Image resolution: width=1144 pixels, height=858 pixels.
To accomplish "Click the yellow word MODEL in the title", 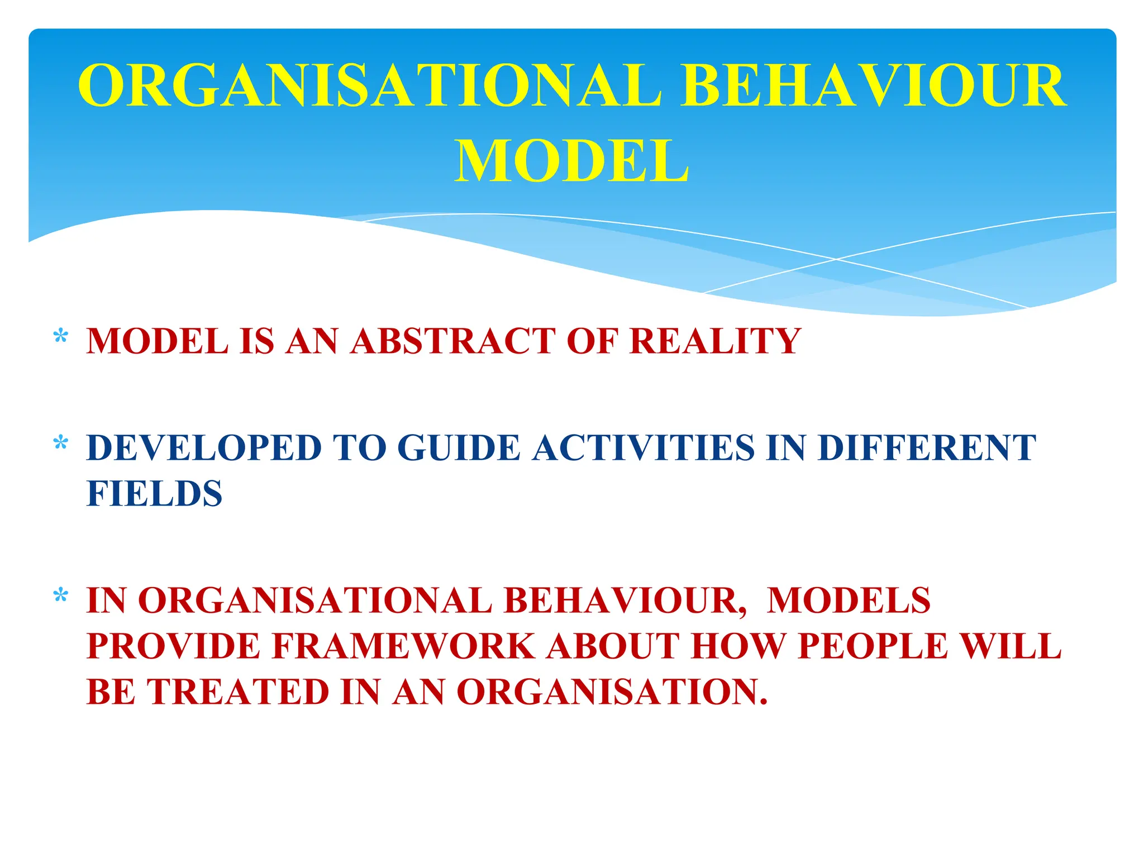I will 571,161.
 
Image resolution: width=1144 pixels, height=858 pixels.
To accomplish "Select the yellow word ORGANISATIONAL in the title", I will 369,86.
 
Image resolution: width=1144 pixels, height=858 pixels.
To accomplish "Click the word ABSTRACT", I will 453,341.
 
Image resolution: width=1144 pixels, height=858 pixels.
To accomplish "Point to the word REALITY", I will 715,341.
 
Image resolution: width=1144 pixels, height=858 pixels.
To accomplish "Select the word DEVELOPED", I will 204,448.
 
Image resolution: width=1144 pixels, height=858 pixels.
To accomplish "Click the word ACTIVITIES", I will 643,448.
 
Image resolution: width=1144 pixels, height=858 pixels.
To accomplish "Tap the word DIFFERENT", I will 927,448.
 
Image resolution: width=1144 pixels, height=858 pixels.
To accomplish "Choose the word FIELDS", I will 155,494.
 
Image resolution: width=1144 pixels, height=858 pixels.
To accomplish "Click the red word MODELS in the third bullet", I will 849,600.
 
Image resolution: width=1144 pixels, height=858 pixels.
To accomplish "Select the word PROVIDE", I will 174,646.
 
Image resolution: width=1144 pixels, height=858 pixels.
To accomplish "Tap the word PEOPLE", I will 873,646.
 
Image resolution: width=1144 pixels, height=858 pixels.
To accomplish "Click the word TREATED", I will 238,692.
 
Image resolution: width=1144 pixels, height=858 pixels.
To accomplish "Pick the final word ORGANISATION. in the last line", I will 612,692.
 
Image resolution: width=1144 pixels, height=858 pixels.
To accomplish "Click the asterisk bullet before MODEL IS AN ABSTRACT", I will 60,337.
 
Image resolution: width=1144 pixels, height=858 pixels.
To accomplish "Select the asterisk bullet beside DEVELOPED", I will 60,445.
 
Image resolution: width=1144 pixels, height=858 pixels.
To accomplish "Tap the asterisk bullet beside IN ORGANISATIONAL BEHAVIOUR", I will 60,597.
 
